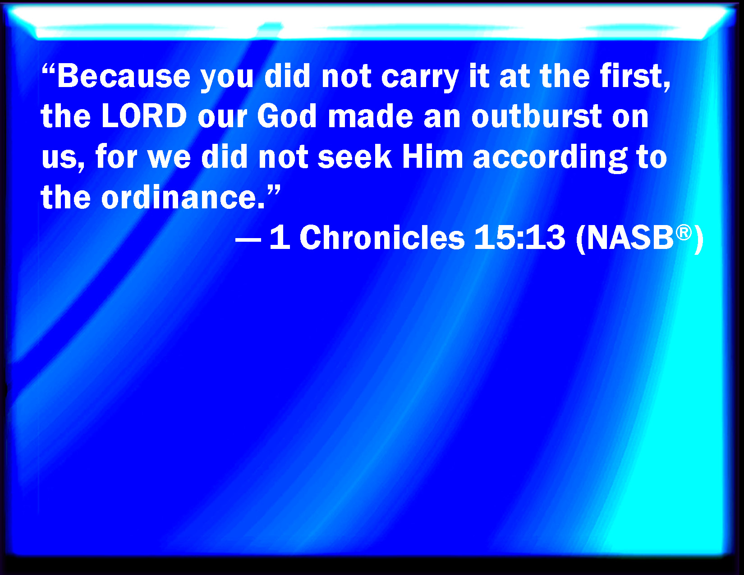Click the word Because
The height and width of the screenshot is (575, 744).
point(124,76)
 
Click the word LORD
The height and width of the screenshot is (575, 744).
point(144,116)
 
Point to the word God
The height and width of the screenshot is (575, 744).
point(287,116)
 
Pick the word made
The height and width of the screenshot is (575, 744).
point(371,116)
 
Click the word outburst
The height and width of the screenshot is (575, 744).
point(537,116)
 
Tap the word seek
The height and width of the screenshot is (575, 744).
point(354,156)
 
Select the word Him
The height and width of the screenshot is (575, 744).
point(432,156)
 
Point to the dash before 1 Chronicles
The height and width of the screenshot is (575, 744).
point(248,240)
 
